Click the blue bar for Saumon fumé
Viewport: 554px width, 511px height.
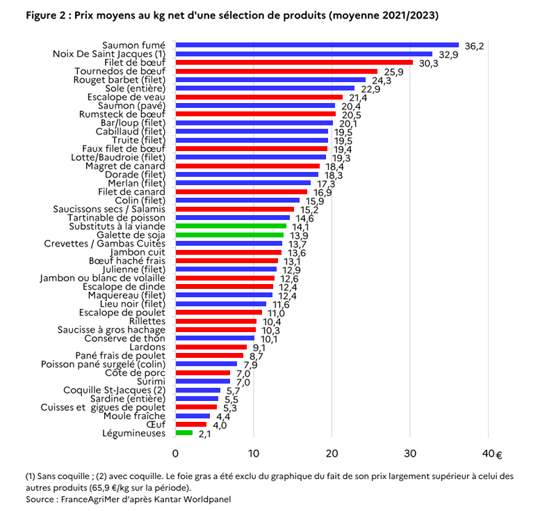point(317,45)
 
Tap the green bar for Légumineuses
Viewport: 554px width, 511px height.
point(184,433)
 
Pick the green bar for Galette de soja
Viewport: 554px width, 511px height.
point(229,235)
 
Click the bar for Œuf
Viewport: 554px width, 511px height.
point(191,424)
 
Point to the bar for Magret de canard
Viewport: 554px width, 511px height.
point(247,166)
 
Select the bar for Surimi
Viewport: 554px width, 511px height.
point(202,381)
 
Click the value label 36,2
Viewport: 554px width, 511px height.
point(474,46)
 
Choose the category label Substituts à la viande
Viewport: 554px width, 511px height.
point(117,226)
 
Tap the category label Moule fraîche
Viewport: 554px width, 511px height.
point(134,416)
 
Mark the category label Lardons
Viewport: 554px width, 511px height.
point(147,347)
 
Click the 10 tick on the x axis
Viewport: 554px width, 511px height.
point(254,453)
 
